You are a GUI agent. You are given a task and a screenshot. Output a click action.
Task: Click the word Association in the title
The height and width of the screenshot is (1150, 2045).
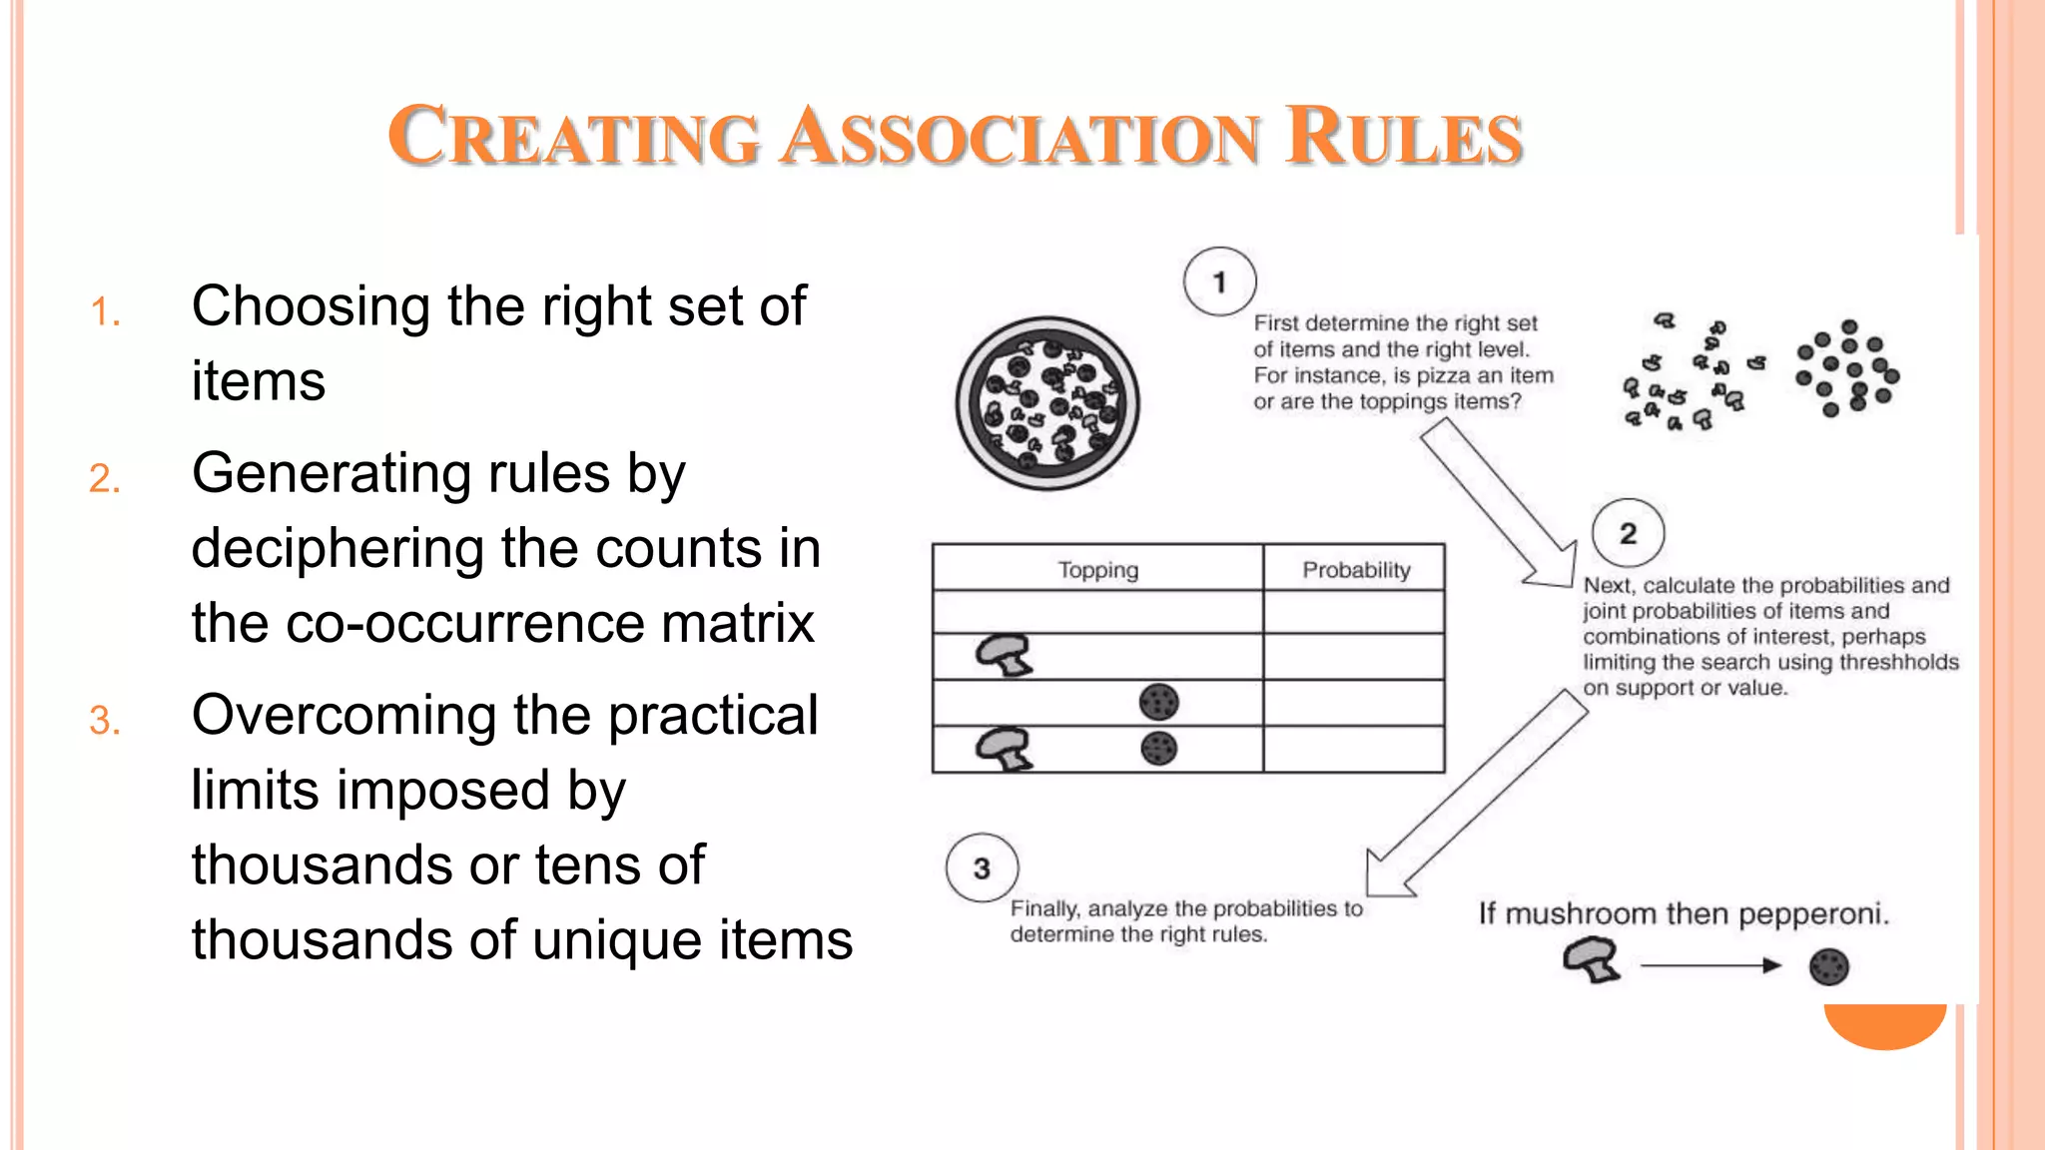tap(1021, 137)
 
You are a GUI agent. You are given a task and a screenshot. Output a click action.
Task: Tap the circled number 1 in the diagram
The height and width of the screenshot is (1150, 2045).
tap(1219, 282)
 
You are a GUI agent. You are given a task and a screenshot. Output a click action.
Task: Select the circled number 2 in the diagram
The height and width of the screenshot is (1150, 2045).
tap(1628, 533)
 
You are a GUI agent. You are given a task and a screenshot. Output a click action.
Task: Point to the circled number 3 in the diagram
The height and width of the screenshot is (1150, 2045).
tap(982, 868)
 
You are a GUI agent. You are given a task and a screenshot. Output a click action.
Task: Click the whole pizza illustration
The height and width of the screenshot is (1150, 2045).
tap(1046, 403)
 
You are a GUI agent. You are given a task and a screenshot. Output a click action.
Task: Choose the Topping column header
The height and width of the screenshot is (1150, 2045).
tap(1097, 570)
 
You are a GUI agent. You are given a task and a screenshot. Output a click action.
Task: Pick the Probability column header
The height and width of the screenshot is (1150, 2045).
tap(1355, 570)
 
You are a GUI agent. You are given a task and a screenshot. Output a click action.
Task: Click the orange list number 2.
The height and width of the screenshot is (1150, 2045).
tap(104, 479)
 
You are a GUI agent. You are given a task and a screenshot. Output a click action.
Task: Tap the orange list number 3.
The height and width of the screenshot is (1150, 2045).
tap(104, 721)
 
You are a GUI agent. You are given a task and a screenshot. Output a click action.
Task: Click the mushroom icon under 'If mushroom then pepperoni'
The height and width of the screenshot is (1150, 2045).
tap(1591, 960)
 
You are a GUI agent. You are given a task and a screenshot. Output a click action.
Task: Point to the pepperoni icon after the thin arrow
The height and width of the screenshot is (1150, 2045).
tap(1828, 966)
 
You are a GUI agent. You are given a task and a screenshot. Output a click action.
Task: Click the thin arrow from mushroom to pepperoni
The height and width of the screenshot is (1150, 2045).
tap(1709, 965)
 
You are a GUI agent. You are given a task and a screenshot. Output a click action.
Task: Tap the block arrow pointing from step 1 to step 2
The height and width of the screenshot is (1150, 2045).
tap(1498, 505)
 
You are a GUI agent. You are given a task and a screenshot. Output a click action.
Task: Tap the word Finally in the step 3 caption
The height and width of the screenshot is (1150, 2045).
tap(1043, 909)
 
